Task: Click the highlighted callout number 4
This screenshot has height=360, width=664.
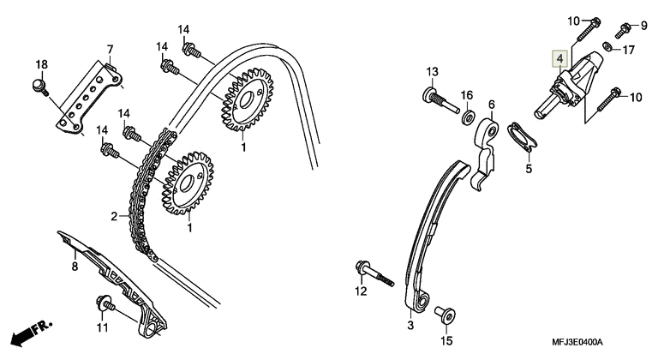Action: click(x=559, y=58)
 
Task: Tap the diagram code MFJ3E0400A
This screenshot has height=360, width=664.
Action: click(x=577, y=342)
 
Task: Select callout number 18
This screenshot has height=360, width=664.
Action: click(x=41, y=65)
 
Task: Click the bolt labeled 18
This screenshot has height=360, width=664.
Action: click(x=40, y=87)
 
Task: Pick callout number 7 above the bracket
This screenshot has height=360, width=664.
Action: click(x=111, y=49)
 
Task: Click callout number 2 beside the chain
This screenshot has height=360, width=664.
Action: click(x=114, y=216)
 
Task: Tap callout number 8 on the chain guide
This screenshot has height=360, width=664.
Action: click(x=75, y=267)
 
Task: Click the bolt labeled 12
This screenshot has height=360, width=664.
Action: click(x=374, y=273)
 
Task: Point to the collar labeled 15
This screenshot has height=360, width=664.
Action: click(x=445, y=315)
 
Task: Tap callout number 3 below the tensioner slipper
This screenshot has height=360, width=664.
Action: click(x=410, y=325)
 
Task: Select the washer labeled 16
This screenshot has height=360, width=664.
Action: click(x=468, y=117)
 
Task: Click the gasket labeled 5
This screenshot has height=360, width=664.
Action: click(x=522, y=137)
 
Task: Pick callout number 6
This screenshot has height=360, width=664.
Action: click(x=491, y=105)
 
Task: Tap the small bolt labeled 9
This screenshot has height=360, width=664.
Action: click(x=625, y=30)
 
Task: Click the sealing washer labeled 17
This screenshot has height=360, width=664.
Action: click(x=607, y=45)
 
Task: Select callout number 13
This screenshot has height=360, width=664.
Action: click(x=432, y=72)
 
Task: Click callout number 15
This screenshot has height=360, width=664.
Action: click(x=447, y=340)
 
